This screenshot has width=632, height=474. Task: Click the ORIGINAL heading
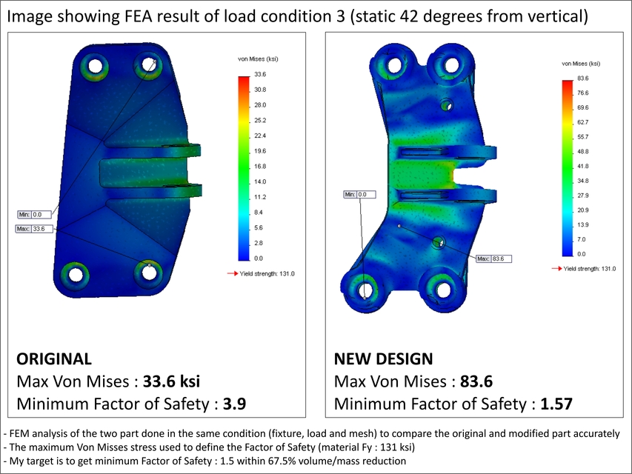[54, 359]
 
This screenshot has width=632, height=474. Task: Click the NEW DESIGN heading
[383, 359]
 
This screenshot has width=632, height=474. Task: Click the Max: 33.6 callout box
[33, 229]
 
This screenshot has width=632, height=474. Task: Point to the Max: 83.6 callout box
[494, 258]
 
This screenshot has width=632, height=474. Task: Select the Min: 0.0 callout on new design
[360, 195]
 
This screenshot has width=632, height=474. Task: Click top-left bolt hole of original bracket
[95, 66]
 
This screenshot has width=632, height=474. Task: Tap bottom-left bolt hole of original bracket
[74, 273]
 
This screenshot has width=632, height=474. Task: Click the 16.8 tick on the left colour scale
[261, 167]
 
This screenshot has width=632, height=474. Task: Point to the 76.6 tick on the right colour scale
[582, 93]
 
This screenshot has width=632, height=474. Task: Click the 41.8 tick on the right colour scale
[582, 166]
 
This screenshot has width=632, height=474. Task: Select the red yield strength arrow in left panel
[233, 274]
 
